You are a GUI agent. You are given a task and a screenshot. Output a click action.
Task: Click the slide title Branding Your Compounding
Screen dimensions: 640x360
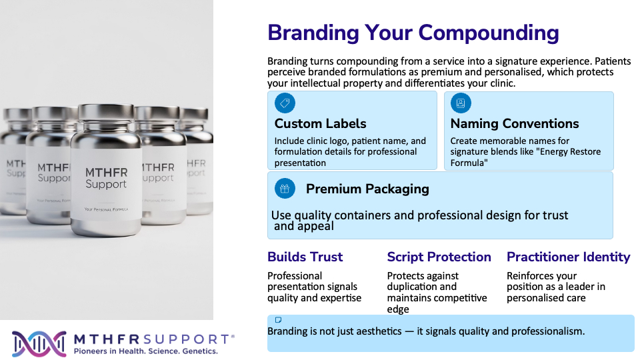coord(413,33)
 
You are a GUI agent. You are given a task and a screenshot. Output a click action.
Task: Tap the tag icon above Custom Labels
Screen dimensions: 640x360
coord(285,103)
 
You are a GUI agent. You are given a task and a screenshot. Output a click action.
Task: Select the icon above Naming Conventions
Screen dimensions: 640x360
coord(461,103)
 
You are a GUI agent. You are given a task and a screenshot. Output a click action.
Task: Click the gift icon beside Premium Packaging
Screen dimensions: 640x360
coord(285,189)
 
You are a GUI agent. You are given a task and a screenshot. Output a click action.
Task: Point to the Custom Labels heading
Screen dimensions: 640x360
coord(321,123)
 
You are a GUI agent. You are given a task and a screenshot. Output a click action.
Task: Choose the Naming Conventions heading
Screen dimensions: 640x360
coord(515,123)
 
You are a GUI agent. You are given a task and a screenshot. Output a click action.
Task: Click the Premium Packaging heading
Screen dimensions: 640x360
coord(367,189)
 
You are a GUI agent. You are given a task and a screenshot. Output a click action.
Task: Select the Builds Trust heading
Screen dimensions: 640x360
coord(305,257)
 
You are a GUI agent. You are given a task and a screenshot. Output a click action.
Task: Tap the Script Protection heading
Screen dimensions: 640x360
coord(439,257)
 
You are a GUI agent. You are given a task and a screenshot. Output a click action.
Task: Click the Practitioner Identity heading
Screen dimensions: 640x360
coord(569,257)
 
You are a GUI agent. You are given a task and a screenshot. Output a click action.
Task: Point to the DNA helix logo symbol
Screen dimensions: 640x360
coord(39,344)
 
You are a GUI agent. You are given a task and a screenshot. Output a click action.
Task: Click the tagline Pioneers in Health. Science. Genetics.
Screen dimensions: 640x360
coord(146,351)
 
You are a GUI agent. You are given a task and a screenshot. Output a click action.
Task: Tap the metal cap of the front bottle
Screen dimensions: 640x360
coord(106,113)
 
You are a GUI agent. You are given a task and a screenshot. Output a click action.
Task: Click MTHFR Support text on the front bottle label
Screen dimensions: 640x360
coord(106,178)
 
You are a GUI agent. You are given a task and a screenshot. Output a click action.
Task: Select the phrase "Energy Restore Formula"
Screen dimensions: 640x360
coord(526,157)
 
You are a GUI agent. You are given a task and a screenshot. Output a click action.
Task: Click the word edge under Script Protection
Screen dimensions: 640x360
coord(398,309)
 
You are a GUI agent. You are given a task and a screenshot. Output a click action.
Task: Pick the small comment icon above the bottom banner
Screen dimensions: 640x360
coord(279,319)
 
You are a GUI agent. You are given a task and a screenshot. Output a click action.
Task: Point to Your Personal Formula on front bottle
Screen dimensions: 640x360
coord(106,209)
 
